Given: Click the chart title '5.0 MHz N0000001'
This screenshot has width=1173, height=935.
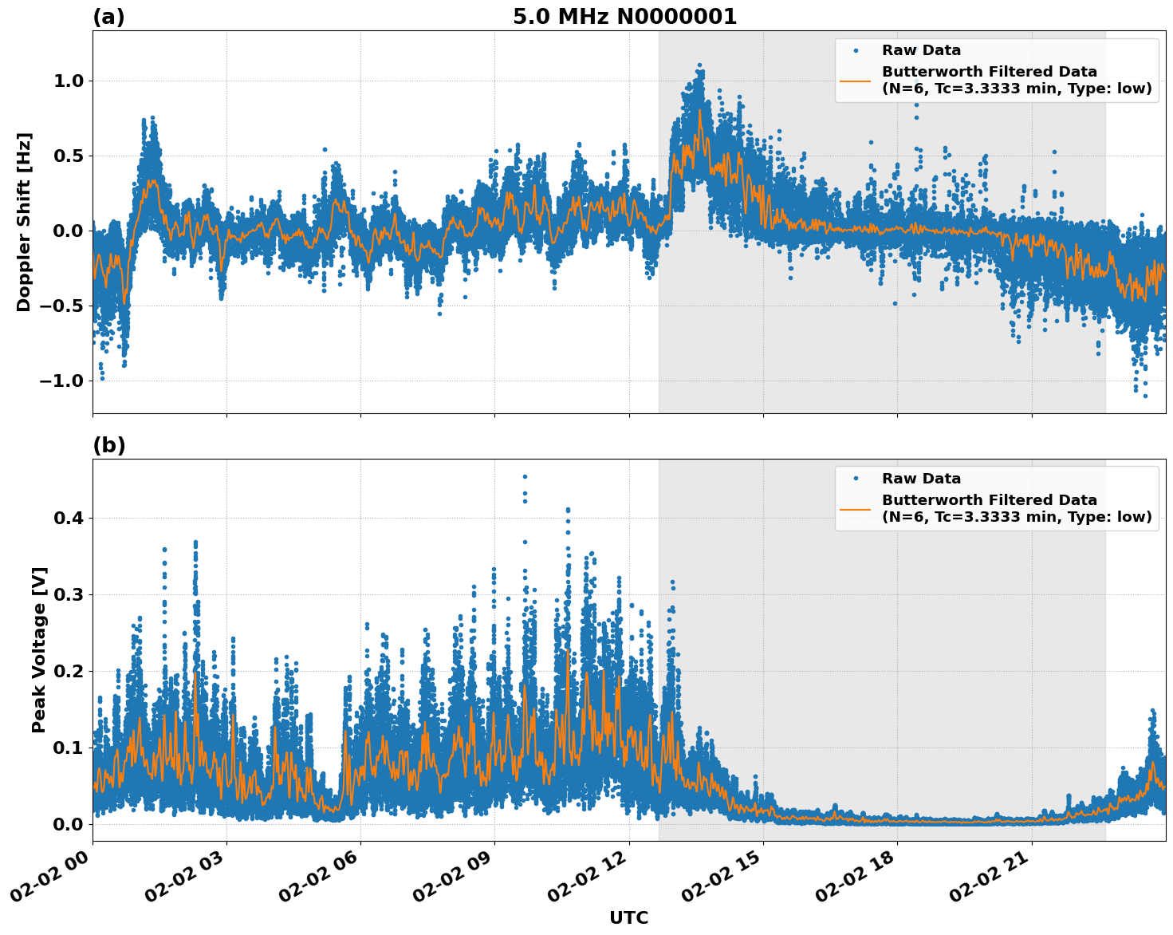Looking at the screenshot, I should (624, 17).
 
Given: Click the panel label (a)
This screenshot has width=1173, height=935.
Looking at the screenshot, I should (108, 17).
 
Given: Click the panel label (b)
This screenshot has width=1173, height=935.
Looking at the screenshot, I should (108, 445).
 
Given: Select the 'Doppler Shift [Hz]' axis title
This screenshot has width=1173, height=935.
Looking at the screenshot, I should (24, 222).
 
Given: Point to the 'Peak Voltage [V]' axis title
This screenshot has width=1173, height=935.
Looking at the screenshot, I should (39, 649).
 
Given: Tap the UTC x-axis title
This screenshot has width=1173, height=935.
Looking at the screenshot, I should (628, 917).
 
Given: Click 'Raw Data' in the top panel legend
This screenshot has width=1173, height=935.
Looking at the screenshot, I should (921, 50).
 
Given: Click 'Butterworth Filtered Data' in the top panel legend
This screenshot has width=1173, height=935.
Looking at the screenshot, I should (989, 72).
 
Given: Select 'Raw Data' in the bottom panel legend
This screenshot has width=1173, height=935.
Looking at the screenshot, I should (921, 479).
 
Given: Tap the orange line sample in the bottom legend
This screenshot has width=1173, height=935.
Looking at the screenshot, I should (856, 508).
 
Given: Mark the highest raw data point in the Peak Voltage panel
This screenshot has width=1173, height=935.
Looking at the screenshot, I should (525, 476).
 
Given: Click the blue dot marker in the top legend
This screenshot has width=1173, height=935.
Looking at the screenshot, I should (856, 50).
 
